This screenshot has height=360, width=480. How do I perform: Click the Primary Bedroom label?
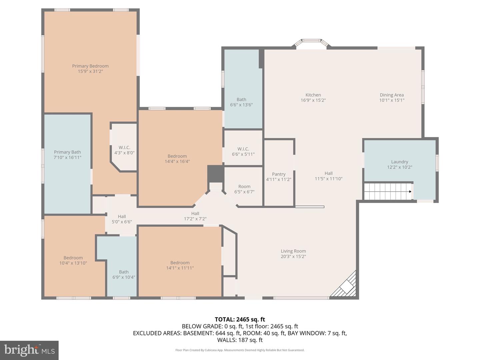[x=90, y=66]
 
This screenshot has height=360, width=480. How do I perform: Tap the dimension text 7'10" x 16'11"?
[x=67, y=157]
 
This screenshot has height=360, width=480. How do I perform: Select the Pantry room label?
[x=279, y=174]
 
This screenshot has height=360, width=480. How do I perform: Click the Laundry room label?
[x=399, y=162]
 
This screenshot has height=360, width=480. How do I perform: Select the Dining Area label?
[x=392, y=95]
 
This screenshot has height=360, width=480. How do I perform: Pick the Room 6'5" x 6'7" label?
[x=244, y=189]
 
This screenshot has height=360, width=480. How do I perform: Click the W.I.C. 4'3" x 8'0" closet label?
[x=124, y=150]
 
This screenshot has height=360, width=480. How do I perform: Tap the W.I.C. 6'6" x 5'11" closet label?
[x=243, y=151]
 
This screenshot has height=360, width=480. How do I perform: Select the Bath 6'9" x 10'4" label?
[x=124, y=274]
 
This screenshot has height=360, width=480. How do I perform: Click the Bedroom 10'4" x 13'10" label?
[x=73, y=260]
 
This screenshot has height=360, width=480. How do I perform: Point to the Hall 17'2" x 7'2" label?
[x=195, y=216]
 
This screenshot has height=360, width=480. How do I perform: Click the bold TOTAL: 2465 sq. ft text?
[x=240, y=319]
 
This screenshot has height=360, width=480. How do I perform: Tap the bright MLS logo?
[x=29, y=350]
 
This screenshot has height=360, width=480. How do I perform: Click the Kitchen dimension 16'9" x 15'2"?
[x=313, y=100]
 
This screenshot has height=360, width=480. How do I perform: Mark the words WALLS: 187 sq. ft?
[x=240, y=340]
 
